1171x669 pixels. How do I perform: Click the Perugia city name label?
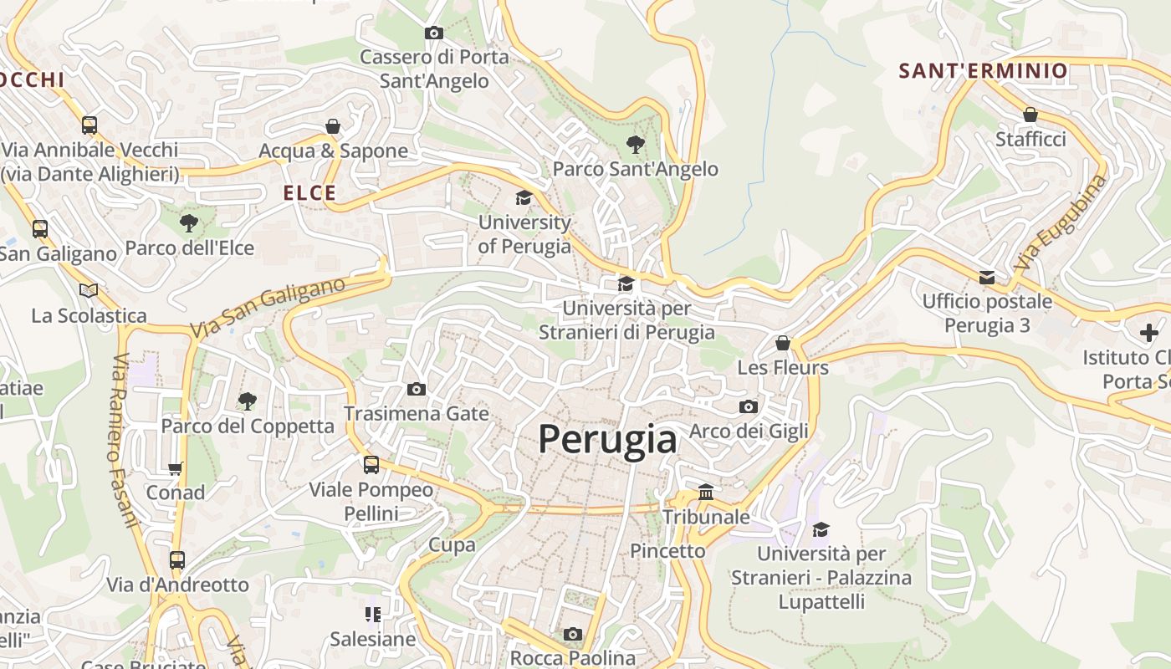tap(607, 439)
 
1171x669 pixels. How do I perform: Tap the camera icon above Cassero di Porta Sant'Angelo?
tap(433, 33)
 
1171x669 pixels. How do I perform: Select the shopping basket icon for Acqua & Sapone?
tap(333, 126)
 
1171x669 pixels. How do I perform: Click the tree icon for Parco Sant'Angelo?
tap(635, 145)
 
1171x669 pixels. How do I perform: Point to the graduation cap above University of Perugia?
tap(524, 198)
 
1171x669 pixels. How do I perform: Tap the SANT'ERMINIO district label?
tap(984, 71)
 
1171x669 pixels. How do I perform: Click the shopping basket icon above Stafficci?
tap(1030, 115)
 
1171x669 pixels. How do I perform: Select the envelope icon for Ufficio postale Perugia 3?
tap(987, 277)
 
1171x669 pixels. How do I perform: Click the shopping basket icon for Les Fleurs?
tap(782, 343)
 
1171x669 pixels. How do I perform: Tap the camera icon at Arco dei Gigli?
tap(749, 406)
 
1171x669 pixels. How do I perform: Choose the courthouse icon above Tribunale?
tap(706, 492)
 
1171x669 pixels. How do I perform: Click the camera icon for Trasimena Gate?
tap(416, 389)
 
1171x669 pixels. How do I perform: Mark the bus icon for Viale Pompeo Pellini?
tap(371, 465)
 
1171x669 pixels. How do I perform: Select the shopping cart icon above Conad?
tap(176, 468)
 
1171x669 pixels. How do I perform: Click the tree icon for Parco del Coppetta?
tap(247, 401)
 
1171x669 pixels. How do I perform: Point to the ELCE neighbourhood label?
tap(309, 193)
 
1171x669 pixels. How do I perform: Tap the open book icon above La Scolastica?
tap(89, 290)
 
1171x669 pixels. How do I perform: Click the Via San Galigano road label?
tap(268, 308)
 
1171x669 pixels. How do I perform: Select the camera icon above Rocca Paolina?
tap(572, 634)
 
